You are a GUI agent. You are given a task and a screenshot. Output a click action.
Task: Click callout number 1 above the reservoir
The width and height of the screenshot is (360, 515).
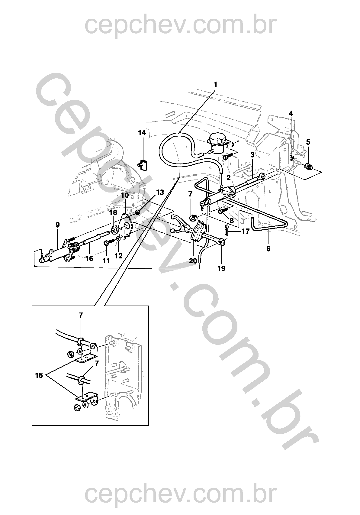pyautogui.click(x=215, y=84)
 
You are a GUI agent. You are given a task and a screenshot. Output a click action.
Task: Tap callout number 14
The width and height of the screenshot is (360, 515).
pyautogui.click(x=142, y=133)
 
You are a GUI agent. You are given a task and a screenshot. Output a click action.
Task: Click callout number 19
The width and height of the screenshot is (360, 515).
pyautogui.click(x=221, y=268)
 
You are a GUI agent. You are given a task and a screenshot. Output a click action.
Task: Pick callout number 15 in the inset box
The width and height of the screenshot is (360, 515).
pyautogui.click(x=39, y=375)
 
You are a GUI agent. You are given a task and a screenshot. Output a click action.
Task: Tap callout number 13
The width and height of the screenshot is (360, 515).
pyautogui.click(x=160, y=192)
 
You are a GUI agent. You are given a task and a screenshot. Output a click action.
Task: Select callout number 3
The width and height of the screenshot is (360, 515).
pyautogui.click(x=252, y=155)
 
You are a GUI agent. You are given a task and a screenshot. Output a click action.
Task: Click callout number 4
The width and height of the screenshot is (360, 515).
pyautogui.click(x=291, y=113)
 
